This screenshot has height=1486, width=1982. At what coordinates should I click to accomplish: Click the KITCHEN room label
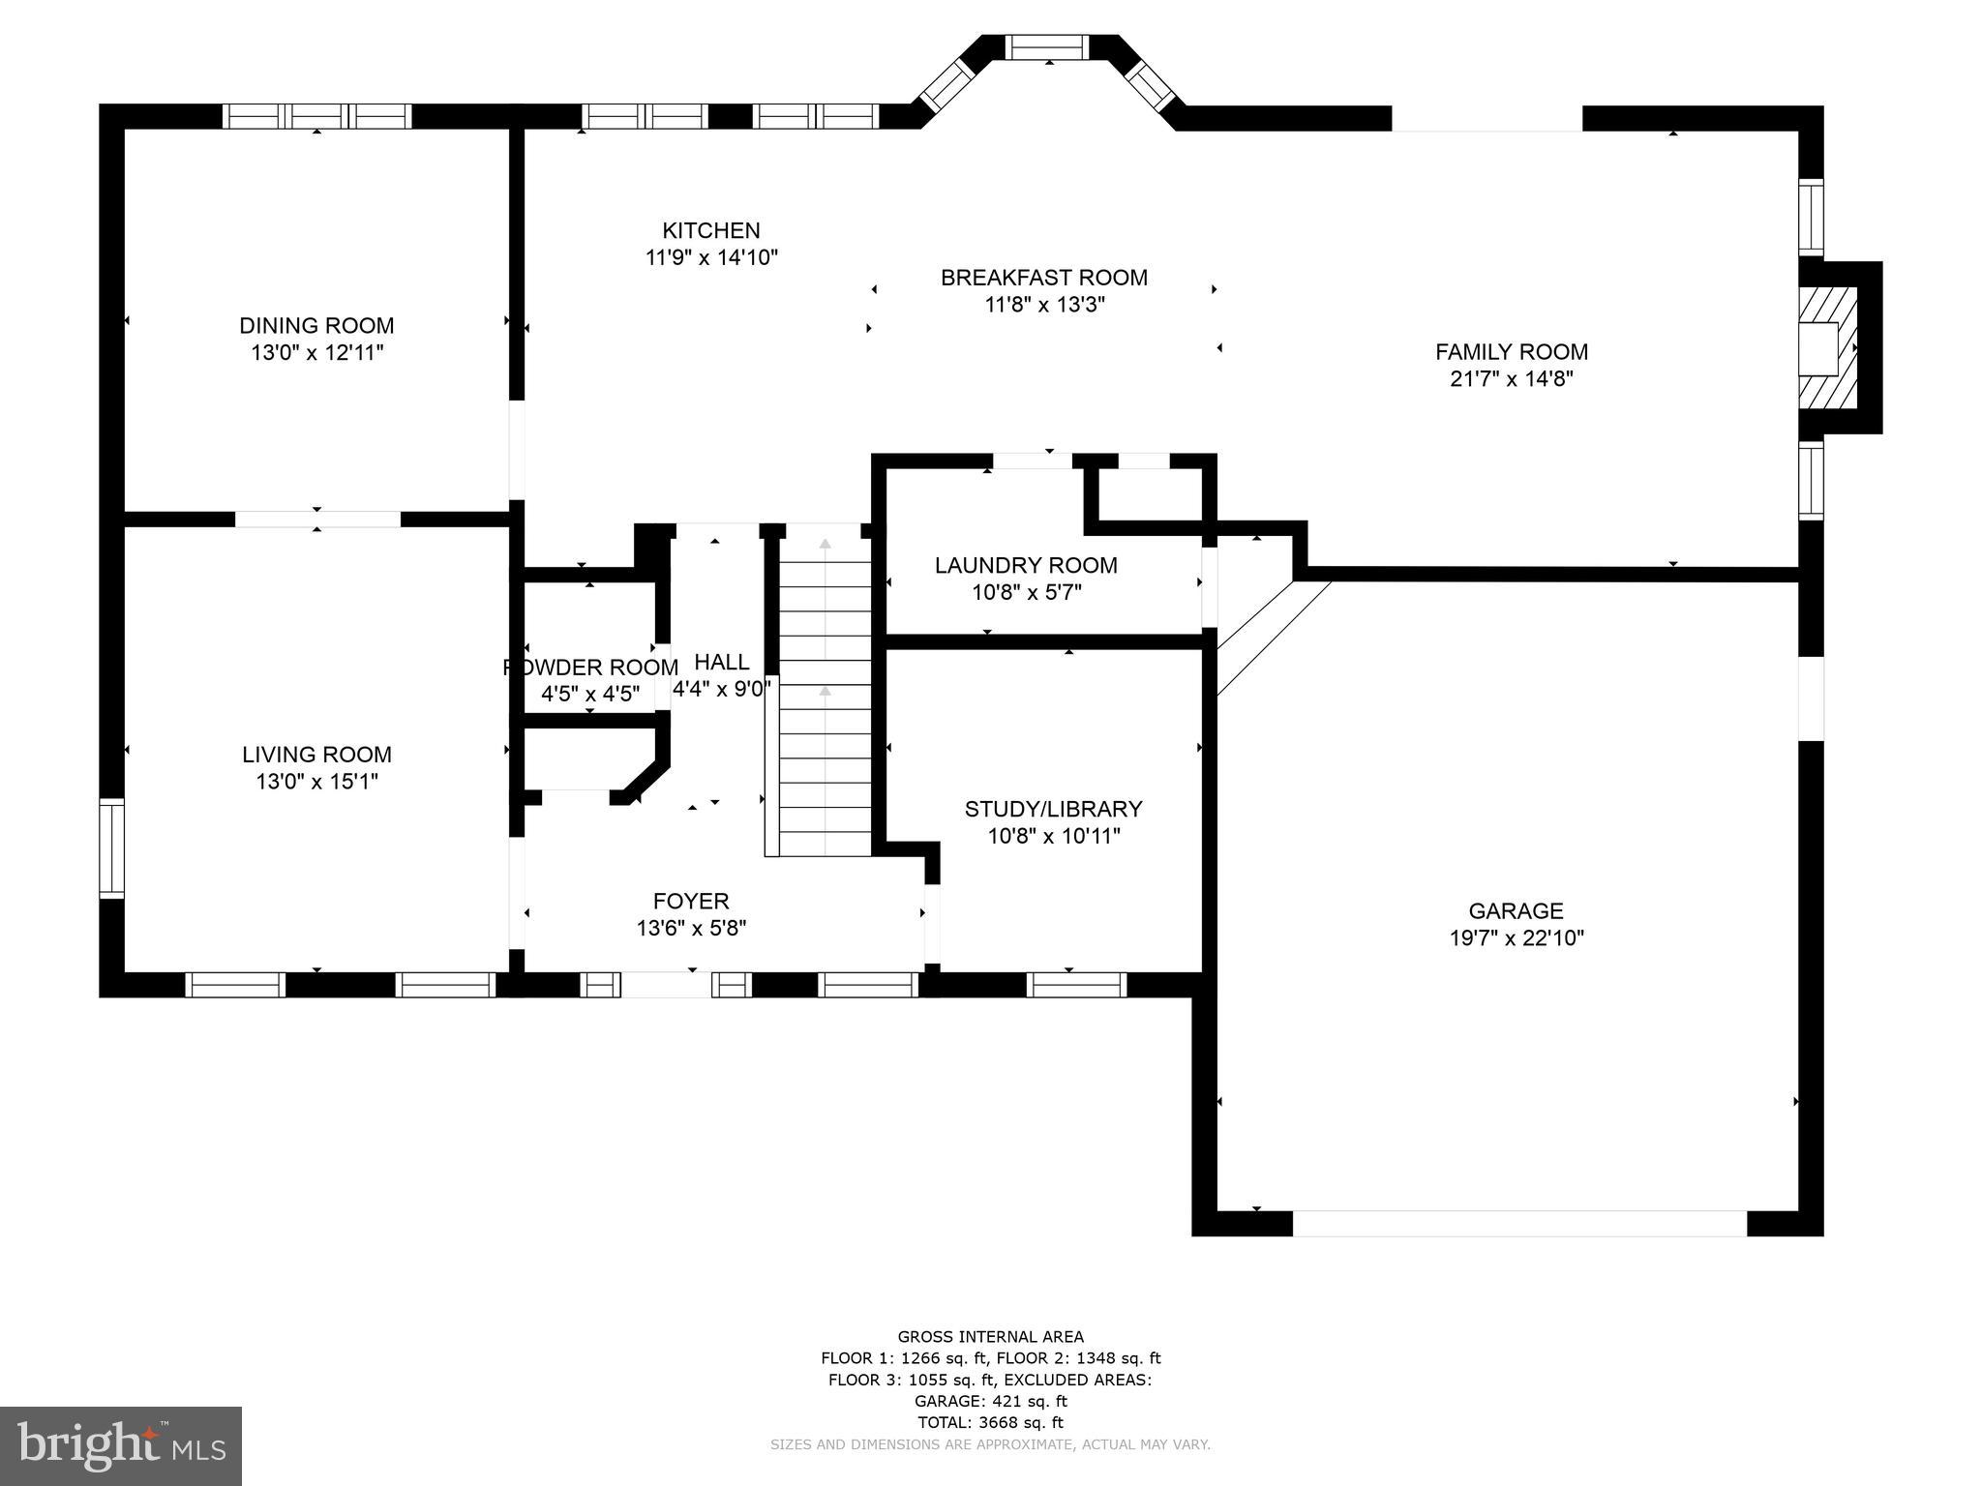click(711, 230)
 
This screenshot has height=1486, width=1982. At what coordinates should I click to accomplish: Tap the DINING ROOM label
click(316, 325)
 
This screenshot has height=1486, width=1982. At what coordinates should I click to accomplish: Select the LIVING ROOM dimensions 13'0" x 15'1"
click(316, 781)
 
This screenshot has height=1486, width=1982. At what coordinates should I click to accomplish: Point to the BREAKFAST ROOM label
click(1044, 278)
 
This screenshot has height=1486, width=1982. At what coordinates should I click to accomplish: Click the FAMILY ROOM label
click(1512, 352)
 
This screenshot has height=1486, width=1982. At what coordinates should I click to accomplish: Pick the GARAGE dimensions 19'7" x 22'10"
click(1517, 937)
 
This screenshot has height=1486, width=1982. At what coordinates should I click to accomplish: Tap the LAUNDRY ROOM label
click(1026, 565)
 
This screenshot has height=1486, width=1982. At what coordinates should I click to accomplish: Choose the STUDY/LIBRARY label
click(1054, 809)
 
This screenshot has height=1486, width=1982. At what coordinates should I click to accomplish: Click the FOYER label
click(691, 902)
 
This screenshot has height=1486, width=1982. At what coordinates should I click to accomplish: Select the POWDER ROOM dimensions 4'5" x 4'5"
click(590, 694)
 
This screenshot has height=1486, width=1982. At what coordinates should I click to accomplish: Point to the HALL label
click(722, 662)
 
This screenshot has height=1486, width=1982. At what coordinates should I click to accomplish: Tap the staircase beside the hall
click(825, 690)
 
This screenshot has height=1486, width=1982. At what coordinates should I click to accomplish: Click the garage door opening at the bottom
click(1519, 1223)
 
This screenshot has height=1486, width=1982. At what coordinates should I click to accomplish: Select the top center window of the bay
click(1048, 47)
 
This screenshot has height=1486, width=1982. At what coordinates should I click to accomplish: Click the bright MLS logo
click(121, 1445)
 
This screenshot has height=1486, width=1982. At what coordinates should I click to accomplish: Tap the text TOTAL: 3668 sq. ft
click(990, 1422)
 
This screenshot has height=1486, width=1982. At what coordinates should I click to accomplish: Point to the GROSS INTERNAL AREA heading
click(990, 1337)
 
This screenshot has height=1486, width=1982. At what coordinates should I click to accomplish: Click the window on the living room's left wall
click(112, 848)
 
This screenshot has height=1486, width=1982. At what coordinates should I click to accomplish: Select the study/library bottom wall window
click(1077, 985)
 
